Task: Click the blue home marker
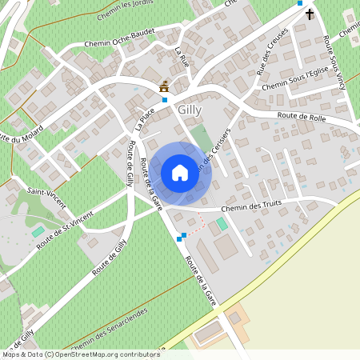point(179,173)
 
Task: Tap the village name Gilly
point(191,110)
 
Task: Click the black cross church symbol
point(310,14)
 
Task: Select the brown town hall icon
point(165,86)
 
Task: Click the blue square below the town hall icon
point(165,100)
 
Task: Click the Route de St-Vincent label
point(65,228)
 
